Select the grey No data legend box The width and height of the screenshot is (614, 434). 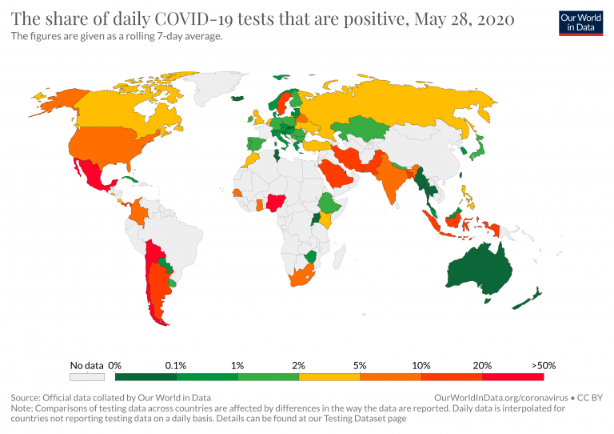pyautogui.click(x=87, y=376)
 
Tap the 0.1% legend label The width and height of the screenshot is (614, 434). pyautogui.click(x=177, y=365)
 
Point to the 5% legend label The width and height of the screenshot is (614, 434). pyautogui.click(x=360, y=365)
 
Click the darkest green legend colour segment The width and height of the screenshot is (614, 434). pyautogui.click(x=146, y=376)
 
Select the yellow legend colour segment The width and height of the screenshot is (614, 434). pyautogui.click(x=329, y=376)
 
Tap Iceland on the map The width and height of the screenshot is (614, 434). pyautogui.click(x=237, y=98)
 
